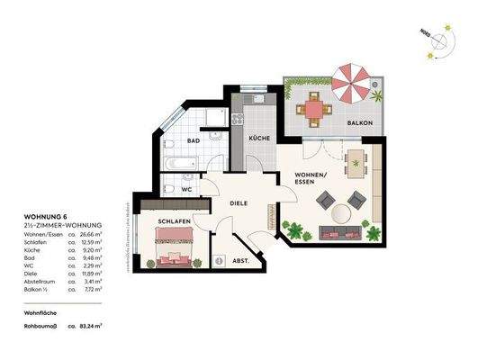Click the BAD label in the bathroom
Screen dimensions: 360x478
(193, 141)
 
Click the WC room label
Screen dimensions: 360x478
(187, 191)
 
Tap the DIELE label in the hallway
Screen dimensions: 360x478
(239, 204)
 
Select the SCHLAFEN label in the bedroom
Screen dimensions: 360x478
(172, 220)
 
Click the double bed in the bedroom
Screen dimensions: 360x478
(173, 247)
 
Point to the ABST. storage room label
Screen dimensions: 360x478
(240, 260)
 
